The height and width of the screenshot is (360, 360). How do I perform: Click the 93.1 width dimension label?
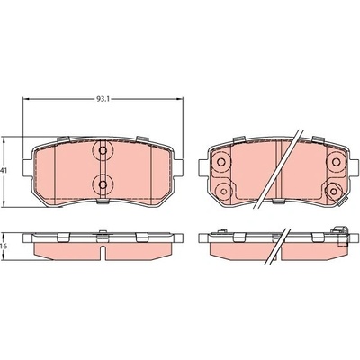point(103,99)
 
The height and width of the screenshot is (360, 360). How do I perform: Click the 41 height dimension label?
point(4,170)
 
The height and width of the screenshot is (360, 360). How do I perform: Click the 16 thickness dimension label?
point(4,246)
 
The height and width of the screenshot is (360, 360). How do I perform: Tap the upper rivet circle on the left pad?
point(103,150)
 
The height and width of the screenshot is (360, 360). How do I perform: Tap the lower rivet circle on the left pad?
point(103,184)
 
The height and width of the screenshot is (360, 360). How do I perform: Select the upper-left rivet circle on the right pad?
point(221,162)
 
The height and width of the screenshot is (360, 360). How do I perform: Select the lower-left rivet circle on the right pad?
point(223,191)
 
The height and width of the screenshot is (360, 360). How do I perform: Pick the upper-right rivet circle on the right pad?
point(335,162)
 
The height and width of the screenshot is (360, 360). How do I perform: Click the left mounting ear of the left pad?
point(27,168)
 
